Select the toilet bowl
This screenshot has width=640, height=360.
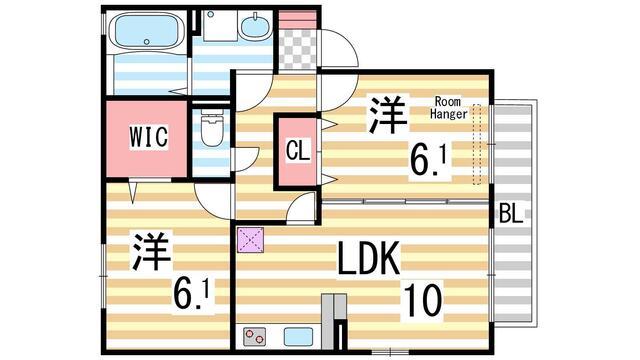211,129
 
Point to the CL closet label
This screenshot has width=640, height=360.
297,151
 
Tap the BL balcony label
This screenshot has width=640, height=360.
511,213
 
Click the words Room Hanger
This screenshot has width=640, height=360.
449,107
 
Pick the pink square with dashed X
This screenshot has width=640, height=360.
249,239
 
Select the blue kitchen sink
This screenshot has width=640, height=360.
299,336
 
